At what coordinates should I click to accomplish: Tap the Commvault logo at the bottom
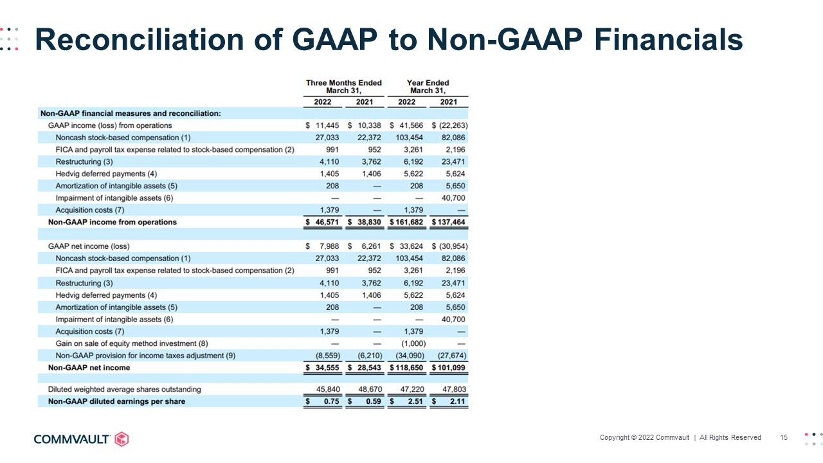click(81, 439)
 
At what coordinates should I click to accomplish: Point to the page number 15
click(784, 437)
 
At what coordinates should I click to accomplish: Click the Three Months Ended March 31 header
click(343, 87)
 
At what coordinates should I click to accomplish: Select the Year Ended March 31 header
click(428, 87)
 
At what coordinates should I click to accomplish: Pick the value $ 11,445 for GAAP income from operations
click(327, 125)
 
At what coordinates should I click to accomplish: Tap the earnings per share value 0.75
click(330, 401)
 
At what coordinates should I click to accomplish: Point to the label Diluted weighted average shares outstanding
click(125, 389)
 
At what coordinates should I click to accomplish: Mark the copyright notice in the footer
click(680, 437)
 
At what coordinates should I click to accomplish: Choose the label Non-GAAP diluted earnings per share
click(116, 401)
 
